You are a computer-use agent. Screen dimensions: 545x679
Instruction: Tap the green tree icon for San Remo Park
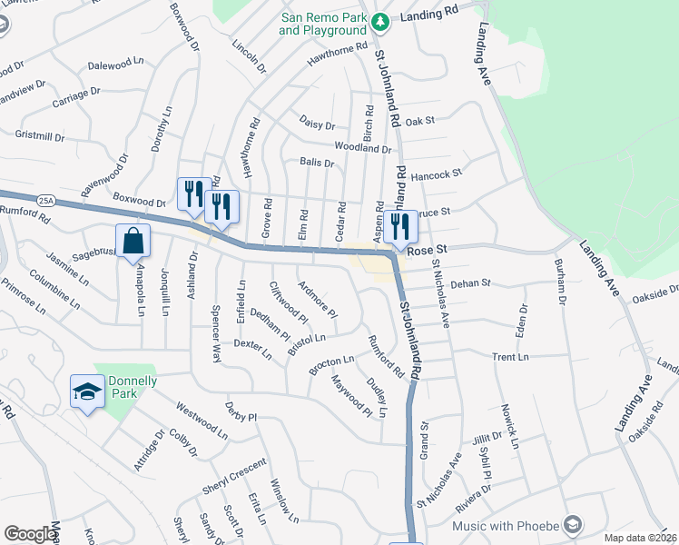pos(383,20)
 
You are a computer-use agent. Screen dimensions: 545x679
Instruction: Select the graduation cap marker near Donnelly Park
pos(87,391)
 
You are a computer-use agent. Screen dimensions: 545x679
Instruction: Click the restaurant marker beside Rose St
pos(400,227)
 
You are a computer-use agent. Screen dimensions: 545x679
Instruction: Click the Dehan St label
pos(470,283)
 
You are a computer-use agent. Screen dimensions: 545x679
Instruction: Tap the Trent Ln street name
pos(510,357)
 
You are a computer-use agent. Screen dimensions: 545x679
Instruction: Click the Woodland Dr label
pos(362,147)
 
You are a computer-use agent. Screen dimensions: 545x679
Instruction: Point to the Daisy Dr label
pos(317,123)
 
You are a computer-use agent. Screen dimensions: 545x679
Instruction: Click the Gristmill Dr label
pos(40,136)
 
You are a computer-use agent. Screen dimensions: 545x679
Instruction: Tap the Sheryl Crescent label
pos(234,476)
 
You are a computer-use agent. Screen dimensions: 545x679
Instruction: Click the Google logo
pos(30,534)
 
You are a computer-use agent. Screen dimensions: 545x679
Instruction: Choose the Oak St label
pos(420,121)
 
